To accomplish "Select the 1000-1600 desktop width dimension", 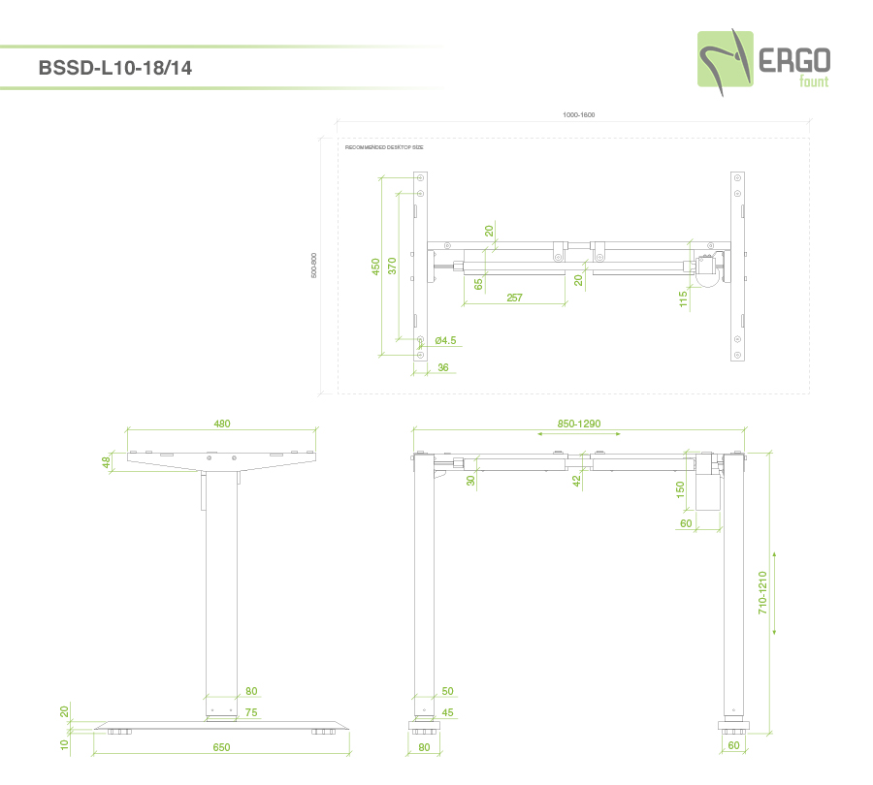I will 578,115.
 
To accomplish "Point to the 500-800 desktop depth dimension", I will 314,266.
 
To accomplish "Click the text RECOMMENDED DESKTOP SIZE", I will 384,147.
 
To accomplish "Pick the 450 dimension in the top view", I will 375,267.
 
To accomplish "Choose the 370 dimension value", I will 392,267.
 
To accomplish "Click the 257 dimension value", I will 514,298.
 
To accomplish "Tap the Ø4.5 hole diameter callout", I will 445,340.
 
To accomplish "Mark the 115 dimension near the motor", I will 683,299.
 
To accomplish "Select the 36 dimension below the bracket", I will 443,367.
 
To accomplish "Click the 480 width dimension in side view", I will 222,424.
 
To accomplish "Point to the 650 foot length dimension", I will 222,747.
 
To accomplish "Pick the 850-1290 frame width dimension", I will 579,424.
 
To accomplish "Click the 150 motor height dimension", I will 681,492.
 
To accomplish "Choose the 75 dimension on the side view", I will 251,712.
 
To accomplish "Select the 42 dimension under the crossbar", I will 576,479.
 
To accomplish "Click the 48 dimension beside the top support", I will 107,462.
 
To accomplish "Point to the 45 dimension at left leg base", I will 447,712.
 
